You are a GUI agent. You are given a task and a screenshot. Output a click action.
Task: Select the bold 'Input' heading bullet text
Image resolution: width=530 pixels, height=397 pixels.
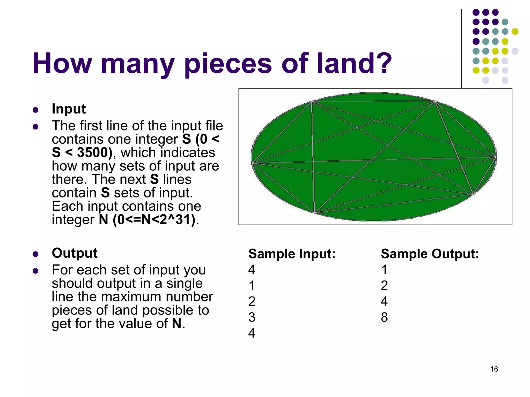[x=69, y=109]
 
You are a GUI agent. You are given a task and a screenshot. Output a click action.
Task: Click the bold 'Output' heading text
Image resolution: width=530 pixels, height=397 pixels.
[x=75, y=253]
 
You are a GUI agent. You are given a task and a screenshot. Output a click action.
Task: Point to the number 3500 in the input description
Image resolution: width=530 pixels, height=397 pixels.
[x=93, y=152]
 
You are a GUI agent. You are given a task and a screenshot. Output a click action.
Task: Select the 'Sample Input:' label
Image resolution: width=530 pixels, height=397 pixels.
[x=292, y=254]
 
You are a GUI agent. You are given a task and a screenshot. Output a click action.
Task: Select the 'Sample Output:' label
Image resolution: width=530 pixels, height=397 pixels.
[x=430, y=254]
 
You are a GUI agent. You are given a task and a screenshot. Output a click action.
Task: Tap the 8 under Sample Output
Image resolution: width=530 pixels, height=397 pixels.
[x=384, y=317]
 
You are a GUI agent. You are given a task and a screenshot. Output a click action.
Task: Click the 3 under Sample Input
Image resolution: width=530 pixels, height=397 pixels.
[x=252, y=317]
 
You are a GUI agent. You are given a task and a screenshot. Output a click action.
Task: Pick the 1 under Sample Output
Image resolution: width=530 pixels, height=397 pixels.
[x=384, y=270]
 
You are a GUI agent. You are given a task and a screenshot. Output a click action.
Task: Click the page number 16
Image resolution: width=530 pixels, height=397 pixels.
[x=494, y=369]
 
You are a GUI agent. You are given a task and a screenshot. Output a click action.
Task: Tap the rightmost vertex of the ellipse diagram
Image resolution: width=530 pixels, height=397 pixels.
[x=496, y=157]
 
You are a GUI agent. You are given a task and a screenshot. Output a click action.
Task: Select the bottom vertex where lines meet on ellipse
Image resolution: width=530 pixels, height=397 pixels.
[x=315, y=212]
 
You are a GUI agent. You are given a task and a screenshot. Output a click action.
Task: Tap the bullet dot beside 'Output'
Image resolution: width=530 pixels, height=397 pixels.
[x=36, y=254]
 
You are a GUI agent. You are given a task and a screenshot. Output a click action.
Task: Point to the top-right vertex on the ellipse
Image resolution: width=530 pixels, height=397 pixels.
[x=435, y=102]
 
